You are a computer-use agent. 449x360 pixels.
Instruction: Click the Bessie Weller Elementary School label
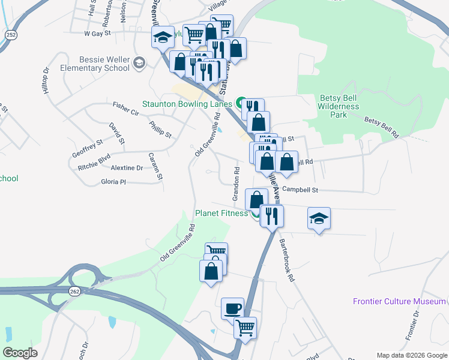coord(104,64)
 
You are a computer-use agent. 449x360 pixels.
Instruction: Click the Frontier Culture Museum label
coord(399,302)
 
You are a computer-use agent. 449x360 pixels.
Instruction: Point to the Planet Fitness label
coord(221,213)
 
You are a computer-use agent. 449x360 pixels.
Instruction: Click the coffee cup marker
coord(232,308)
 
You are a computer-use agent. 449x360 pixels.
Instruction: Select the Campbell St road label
coord(299,190)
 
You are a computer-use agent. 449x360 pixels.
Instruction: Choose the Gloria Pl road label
coord(113,181)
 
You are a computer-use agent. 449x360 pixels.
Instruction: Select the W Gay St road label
coord(98,34)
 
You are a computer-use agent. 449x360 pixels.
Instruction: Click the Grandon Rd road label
coord(237,184)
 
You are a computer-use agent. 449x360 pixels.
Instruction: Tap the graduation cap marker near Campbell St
coord(319,218)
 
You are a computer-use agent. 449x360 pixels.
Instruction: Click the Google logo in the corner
coord(20,353)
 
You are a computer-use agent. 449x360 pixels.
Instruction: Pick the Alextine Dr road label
coord(127,168)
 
